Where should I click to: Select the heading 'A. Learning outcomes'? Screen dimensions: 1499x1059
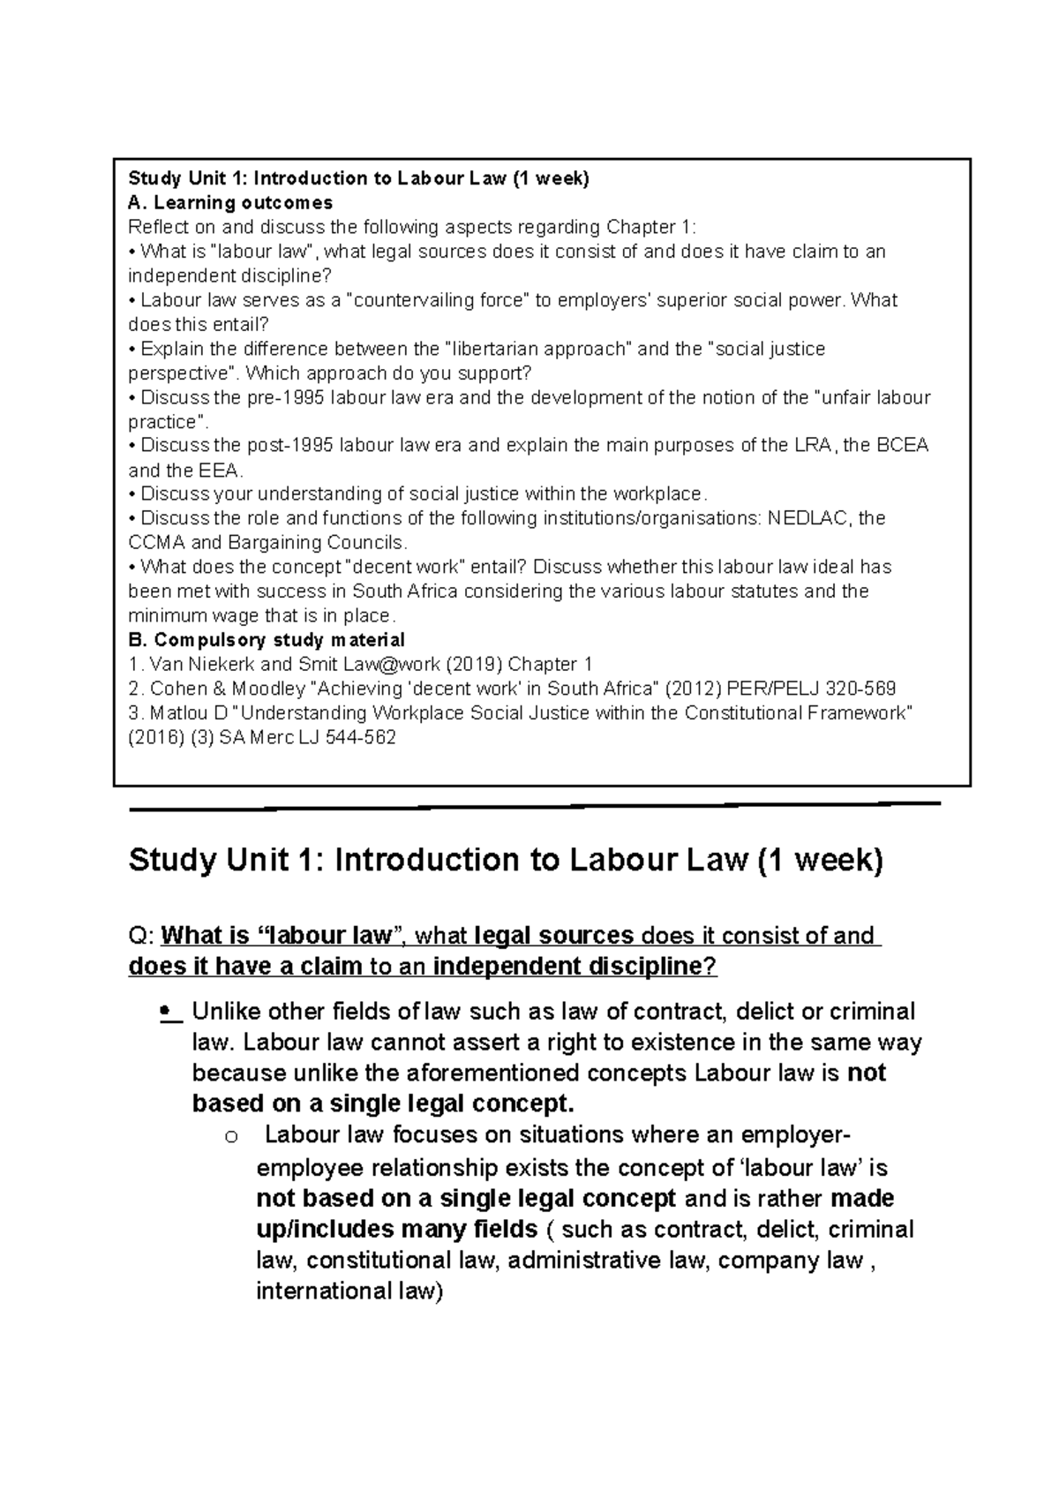pos(230,203)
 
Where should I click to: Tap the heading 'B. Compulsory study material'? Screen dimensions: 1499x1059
pos(267,640)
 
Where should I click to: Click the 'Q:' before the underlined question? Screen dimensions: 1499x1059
pos(142,936)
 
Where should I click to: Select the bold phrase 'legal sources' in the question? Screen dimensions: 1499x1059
pos(554,936)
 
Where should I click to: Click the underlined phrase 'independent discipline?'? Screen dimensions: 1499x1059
pos(575,967)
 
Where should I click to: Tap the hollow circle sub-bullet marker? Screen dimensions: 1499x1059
pos(232,1137)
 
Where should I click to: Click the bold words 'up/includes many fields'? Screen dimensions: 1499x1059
pos(396,1230)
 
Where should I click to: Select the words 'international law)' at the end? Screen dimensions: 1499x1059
pos(348,1292)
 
